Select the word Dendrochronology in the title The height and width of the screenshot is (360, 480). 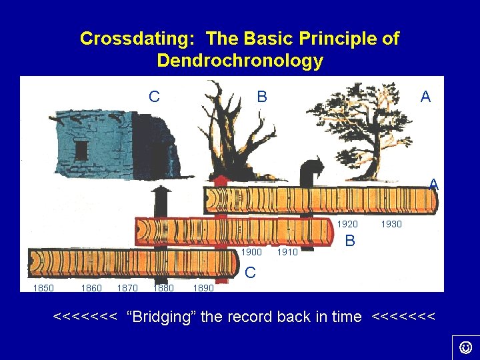[x=240, y=61]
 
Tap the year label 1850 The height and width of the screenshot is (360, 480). [x=43, y=288]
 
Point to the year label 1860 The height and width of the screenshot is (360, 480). [x=91, y=288]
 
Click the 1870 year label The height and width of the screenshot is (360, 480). [x=127, y=288]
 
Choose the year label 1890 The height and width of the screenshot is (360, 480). [x=203, y=288]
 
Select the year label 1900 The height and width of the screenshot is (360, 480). [x=251, y=252]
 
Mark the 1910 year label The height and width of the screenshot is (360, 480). [x=287, y=252]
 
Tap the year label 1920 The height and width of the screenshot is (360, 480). [x=347, y=224]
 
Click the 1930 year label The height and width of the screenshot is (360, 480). [x=391, y=224]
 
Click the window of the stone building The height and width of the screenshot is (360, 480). [x=81, y=149]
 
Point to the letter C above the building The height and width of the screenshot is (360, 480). [x=154, y=97]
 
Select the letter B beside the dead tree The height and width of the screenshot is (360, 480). [x=262, y=97]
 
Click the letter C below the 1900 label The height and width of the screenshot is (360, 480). [x=250, y=272]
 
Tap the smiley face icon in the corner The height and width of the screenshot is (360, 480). [x=466, y=347]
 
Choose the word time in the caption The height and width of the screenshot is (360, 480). [x=347, y=317]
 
